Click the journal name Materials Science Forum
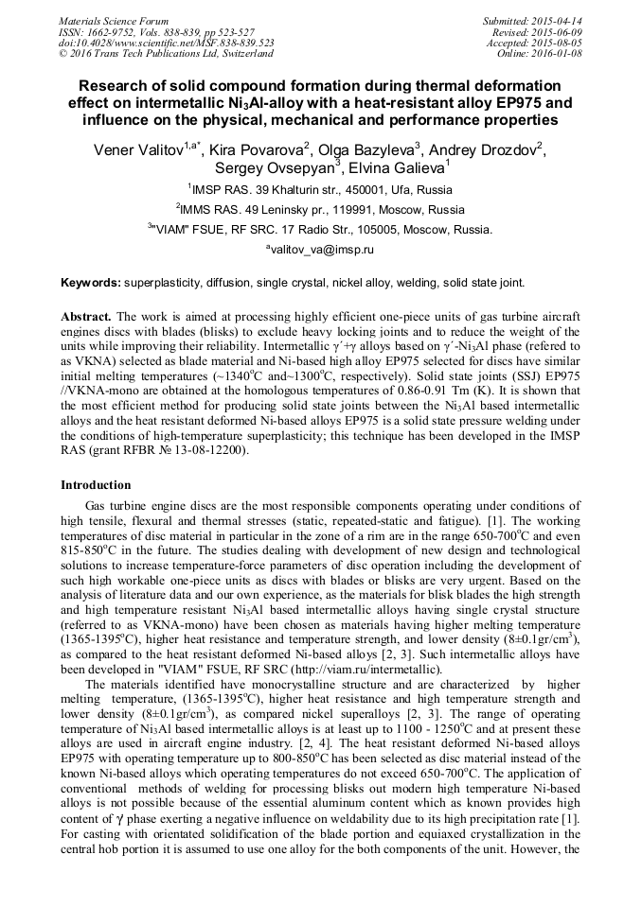(114, 21)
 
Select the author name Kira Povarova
(253, 150)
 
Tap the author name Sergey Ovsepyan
(270, 170)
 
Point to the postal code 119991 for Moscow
(356, 209)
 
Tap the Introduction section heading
(96, 484)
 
